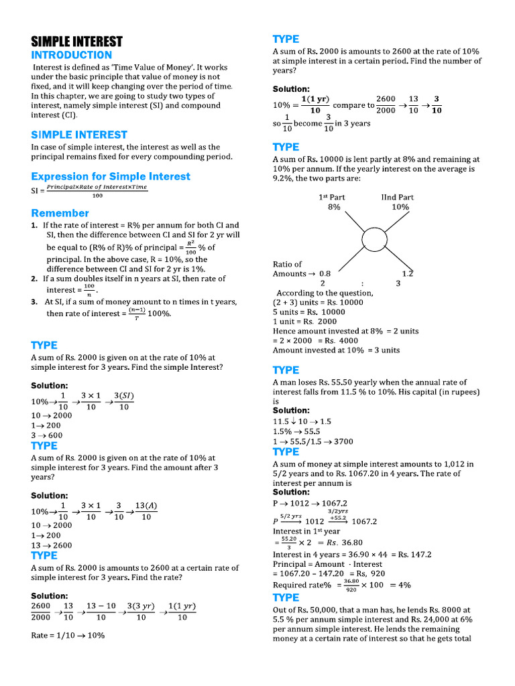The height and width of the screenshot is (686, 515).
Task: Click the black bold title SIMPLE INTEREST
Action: (77, 41)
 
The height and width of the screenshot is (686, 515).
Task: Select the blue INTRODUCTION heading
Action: (72, 55)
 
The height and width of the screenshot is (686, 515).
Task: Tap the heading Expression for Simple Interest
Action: (111, 176)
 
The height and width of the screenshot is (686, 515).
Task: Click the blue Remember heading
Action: (60, 213)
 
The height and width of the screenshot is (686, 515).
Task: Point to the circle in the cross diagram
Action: (376, 240)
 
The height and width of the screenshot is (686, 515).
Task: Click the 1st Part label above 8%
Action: (333, 198)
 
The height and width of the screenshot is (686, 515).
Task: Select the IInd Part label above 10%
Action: (397, 198)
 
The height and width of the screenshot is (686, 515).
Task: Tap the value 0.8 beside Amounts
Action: (325, 274)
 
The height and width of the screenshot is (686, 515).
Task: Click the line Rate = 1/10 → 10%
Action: (68, 635)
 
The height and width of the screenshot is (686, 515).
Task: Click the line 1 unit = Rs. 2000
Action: (305, 322)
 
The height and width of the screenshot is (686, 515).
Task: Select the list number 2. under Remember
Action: (34, 279)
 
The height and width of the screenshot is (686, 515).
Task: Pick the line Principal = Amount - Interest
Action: (327, 564)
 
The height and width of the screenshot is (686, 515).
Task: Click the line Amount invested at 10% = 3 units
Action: (336, 350)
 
